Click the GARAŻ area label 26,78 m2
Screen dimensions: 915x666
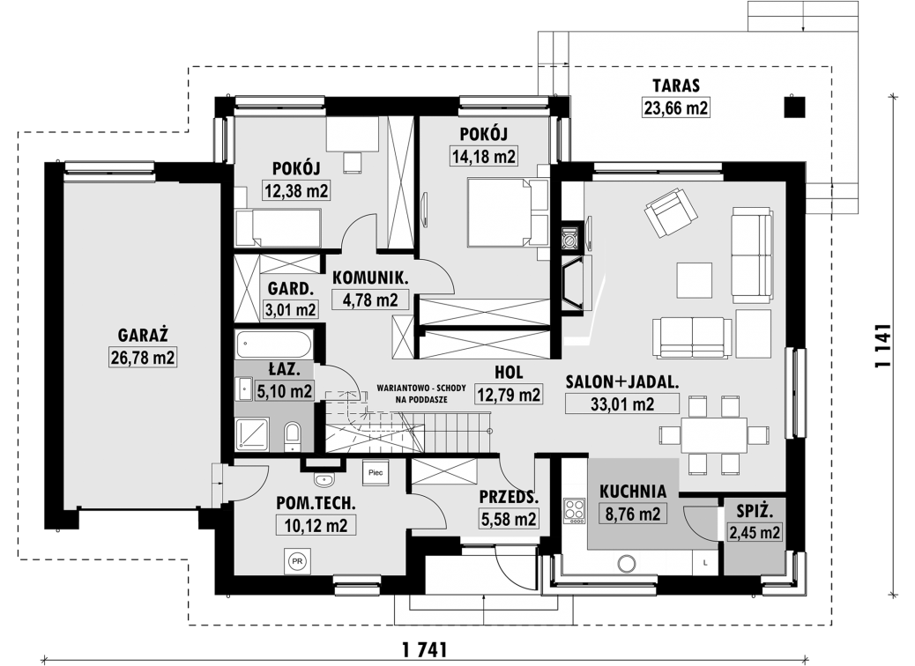[x=143, y=357]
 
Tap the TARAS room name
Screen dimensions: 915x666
[x=676, y=85]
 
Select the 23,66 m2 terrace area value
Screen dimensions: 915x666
[x=676, y=107]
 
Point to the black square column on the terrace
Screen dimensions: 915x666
[x=794, y=107]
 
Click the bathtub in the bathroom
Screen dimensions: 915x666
[x=273, y=344]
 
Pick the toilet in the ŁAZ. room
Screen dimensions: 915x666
[x=292, y=437]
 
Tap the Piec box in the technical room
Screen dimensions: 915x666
[x=376, y=472]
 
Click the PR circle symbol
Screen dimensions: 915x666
[x=297, y=561]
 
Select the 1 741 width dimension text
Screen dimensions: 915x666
[x=424, y=648]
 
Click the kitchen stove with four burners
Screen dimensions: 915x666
[x=574, y=511]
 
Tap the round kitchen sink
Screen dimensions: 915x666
[x=628, y=563]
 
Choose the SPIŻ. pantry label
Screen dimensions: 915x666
[x=755, y=512]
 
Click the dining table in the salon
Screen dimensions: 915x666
[x=714, y=434]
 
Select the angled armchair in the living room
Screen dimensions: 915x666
[x=671, y=212]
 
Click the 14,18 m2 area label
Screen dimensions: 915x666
[x=484, y=156]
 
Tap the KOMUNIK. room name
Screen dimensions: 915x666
[x=370, y=277]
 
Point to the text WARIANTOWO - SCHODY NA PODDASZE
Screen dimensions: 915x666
[x=420, y=394]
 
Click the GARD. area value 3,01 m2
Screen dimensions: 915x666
[x=291, y=309]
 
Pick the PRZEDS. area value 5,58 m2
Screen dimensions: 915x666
[x=509, y=519]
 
